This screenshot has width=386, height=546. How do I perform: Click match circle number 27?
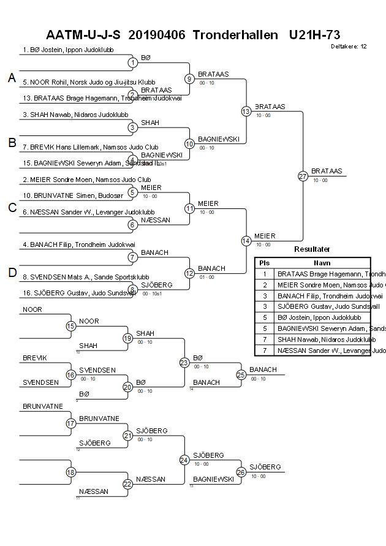[303, 176]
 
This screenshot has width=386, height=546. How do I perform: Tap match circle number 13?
[246, 112]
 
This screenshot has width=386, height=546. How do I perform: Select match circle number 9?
[189, 78]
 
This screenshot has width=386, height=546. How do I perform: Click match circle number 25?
[241, 374]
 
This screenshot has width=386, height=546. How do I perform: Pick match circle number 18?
[71, 472]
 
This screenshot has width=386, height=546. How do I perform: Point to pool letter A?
[12, 78]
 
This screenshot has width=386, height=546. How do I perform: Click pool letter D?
[12, 273]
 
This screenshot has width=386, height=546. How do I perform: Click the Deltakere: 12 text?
[349, 47]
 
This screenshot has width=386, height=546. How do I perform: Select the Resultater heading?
[312, 249]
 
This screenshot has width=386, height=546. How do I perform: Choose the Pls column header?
[265, 262]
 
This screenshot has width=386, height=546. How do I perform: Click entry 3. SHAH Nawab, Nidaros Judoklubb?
[75, 115]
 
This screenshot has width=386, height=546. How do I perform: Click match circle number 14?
[246, 241]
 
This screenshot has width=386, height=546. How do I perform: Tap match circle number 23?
[184, 362]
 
